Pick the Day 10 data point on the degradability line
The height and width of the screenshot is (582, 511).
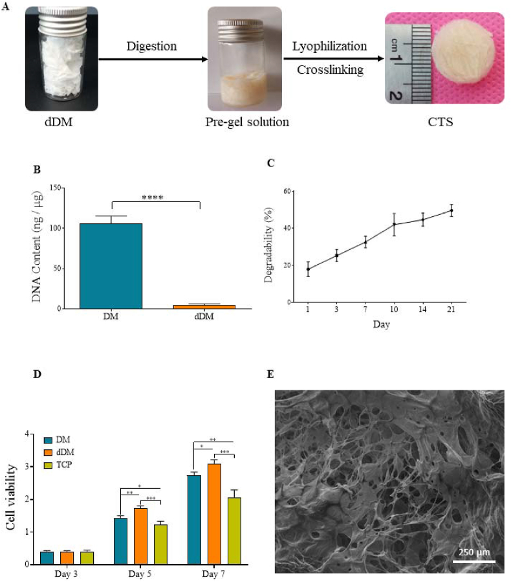[394, 225]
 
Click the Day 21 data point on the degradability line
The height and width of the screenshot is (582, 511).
[451, 210]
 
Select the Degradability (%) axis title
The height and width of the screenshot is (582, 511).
[268, 246]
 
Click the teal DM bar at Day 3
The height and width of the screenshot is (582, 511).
[46, 557]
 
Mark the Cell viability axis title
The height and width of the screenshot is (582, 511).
[12, 498]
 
